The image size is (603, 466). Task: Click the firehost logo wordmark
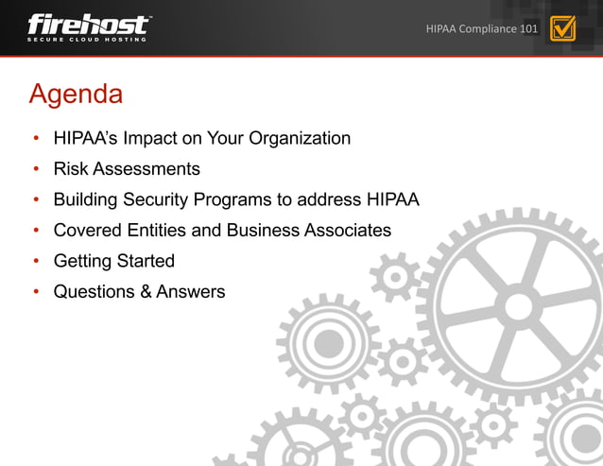coord(88,23)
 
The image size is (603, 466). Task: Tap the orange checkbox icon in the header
coord(562,28)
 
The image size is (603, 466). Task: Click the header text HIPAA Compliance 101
coord(482,29)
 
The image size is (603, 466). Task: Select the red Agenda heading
coord(76,95)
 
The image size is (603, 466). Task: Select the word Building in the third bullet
coord(86,200)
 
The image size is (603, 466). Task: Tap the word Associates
coord(343,231)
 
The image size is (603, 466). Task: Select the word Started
coord(146,261)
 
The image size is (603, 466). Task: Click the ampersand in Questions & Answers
coord(146,292)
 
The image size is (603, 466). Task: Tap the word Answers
coord(191,292)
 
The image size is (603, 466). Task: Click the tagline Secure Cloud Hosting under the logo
coord(87,39)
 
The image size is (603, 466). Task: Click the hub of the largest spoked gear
coord(518,305)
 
